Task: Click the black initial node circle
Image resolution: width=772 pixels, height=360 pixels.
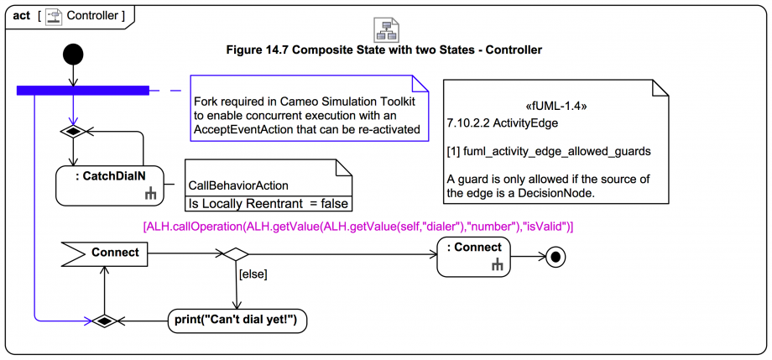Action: (74, 55)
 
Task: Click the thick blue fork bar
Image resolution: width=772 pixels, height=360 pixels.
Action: (83, 89)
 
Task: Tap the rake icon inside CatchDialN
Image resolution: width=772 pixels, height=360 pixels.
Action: (150, 195)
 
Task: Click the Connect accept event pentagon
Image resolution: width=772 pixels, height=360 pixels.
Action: (104, 252)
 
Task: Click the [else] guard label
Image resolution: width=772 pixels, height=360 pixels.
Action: (253, 273)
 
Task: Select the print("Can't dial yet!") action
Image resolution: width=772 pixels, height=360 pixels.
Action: (237, 320)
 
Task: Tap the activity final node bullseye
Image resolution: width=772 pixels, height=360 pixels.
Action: (555, 258)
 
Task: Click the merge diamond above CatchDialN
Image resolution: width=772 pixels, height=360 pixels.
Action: (74, 132)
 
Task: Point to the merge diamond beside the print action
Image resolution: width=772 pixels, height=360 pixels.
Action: (104, 320)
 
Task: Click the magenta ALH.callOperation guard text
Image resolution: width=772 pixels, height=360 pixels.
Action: (358, 227)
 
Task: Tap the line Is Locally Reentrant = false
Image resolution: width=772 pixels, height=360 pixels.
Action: (267, 203)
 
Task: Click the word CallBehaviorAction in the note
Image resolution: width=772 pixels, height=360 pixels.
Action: (237, 185)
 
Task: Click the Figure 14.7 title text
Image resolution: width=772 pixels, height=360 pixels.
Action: (383, 50)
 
